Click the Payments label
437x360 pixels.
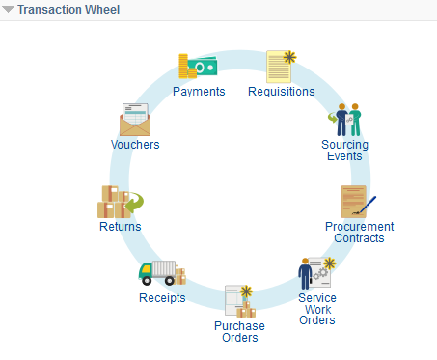[x=199, y=92]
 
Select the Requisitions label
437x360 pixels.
[x=281, y=92]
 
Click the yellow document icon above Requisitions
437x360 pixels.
[x=281, y=66]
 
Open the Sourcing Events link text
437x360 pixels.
[x=344, y=151]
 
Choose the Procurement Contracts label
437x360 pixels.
[x=359, y=232]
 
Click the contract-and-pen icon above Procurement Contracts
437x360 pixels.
[x=356, y=202]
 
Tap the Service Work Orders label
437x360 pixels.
[x=316, y=309]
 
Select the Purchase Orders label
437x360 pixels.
[x=238, y=331]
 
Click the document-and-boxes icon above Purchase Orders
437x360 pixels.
[x=238, y=301]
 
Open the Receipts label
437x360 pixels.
[x=161, y=297]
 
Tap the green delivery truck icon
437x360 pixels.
[x=161, y=273]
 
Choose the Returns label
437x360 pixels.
[x=120, y=227]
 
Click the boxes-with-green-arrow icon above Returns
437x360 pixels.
[x=119, y=202]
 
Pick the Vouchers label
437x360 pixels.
[x=135, y=145]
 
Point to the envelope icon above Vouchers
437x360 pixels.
[x=136, y=120]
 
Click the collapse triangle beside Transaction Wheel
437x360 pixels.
[x=8, y=9]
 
